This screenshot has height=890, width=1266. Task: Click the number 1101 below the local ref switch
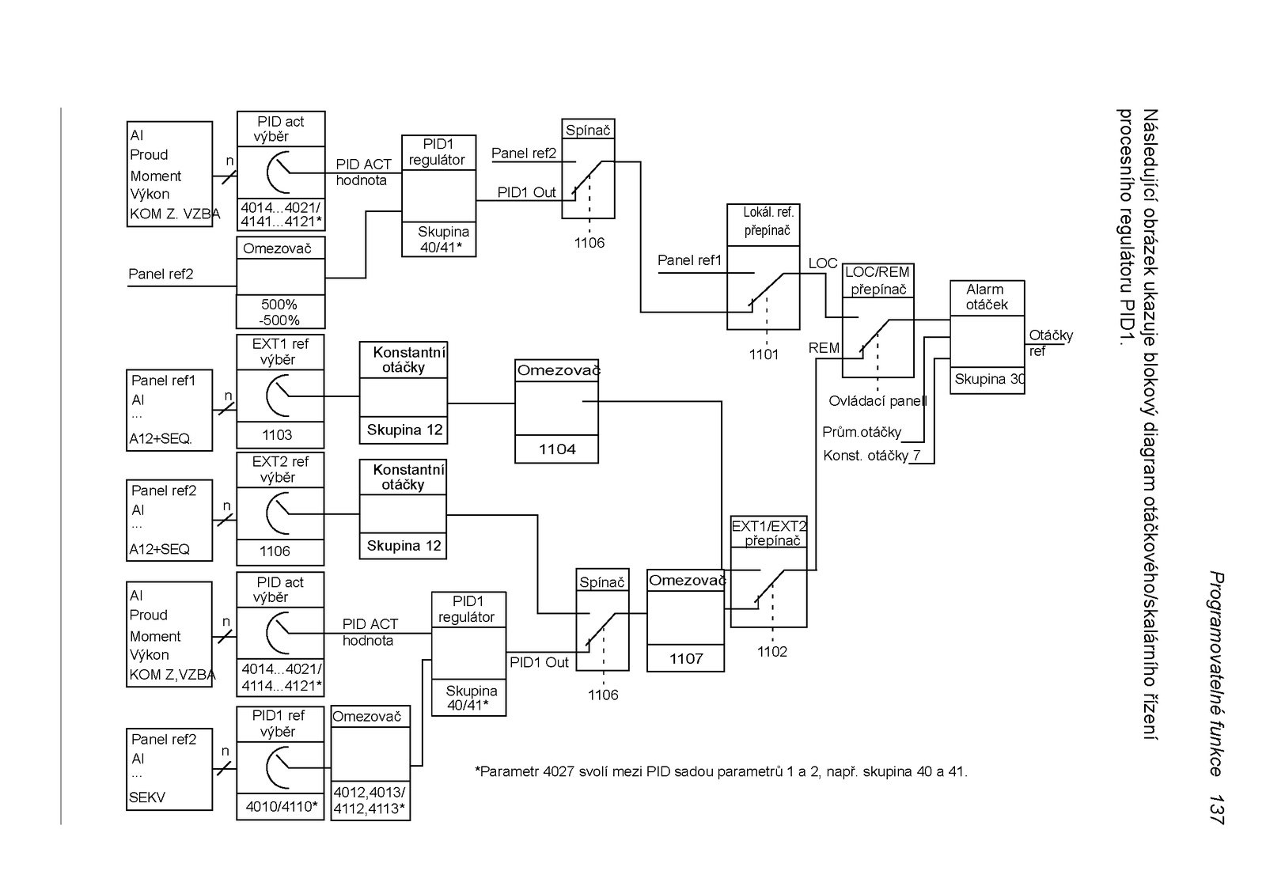(x=764, y=354)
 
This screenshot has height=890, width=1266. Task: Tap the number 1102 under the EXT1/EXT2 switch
(x=771, y=652)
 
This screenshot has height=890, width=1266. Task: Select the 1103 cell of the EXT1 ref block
(x=277, y=435)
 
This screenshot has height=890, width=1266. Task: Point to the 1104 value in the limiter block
(x=557, y=449)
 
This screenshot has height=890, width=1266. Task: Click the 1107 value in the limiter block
(x=685, y=659)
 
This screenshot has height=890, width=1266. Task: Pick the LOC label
(x=822, y=263)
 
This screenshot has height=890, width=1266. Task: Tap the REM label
(x=824, y=348)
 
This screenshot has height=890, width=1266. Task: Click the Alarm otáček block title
(x=986, y=297)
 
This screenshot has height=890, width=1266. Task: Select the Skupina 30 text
(x=988, y=380)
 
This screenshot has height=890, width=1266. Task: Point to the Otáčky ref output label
(x=1050, y=343)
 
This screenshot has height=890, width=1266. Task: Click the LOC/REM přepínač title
(x=877, y=281)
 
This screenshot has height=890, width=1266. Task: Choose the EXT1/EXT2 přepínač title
(x=769, y=533)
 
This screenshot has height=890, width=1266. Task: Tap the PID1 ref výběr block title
(x=279, y=723)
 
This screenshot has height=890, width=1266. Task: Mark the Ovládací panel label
(x=877, y=401)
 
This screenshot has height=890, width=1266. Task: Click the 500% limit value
(x=279, y=305)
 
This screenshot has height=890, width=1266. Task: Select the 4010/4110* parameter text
(x=281, y=807)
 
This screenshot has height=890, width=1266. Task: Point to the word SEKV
(x=147, y=797)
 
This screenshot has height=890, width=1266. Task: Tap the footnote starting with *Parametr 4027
(x=721, y=771)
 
